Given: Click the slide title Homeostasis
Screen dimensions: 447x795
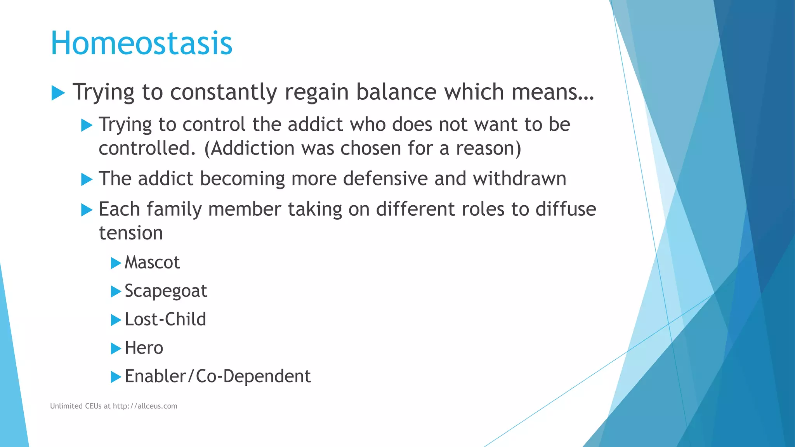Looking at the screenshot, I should pos(141,43).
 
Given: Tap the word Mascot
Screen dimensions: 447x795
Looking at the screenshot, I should pos(152,263).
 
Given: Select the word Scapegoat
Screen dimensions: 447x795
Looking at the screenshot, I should pos(166,291).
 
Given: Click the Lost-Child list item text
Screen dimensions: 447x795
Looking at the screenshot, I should pos(165,319).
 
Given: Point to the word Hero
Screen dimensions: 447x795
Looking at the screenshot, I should pos(144,348).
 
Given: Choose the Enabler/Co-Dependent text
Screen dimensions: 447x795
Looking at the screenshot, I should pos(217,376).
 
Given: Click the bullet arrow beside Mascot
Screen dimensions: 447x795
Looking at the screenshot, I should pos(116,263).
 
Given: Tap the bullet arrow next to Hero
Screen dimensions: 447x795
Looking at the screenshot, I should pos(116,348).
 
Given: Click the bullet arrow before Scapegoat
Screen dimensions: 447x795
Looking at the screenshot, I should pos(116,292).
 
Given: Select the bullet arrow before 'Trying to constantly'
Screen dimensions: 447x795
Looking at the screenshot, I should pos(58,93).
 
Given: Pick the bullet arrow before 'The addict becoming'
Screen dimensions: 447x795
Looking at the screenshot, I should pos(87,180).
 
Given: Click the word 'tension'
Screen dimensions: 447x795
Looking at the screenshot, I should pos(131,233).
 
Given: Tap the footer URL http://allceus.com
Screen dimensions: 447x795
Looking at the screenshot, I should pos(145,406).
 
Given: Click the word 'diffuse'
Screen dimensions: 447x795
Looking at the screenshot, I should pos(566,209).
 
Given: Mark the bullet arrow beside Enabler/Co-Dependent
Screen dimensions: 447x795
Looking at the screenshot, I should pos(116,377).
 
